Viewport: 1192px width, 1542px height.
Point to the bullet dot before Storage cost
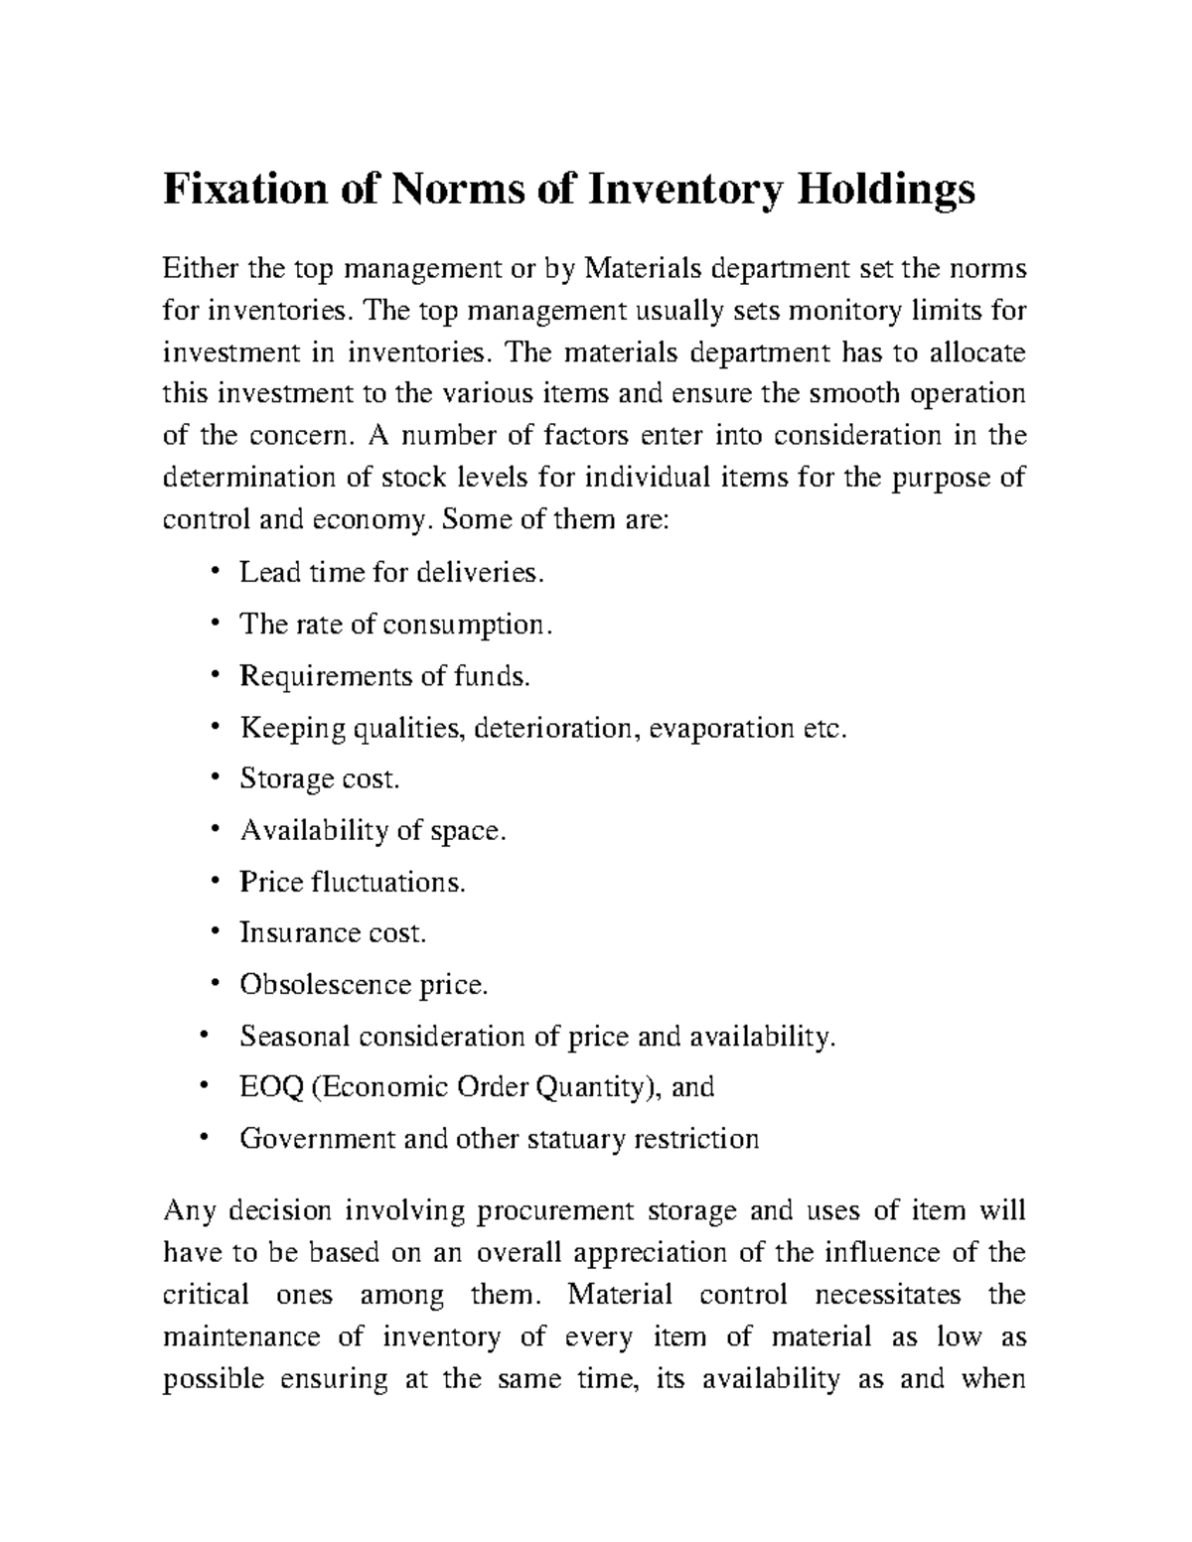tap(216, 779)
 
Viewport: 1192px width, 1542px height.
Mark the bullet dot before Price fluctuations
tap(216, 882)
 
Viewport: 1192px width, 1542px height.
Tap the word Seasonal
tap(294, 1037)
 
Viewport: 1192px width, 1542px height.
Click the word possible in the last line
tap(213, 1379)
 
